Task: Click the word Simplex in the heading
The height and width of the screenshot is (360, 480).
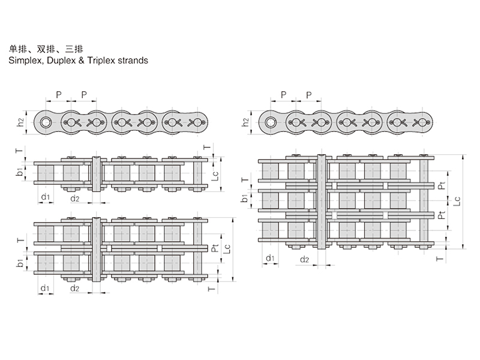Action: [25, 61]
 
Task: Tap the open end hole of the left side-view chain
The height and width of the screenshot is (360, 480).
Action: [46, 122]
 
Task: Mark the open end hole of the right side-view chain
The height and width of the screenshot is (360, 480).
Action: [271, 122]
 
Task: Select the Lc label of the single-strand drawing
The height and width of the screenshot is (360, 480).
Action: [217, 174]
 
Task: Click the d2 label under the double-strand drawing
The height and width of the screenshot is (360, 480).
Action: [75, 289]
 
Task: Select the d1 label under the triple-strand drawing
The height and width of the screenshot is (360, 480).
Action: [271, 259]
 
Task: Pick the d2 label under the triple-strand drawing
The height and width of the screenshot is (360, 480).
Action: [304, 259]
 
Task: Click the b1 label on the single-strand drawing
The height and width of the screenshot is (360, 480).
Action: [20, 173]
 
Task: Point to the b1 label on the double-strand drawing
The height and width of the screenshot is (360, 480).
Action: [20, 263]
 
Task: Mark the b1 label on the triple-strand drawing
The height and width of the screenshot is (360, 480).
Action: [244, 199]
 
